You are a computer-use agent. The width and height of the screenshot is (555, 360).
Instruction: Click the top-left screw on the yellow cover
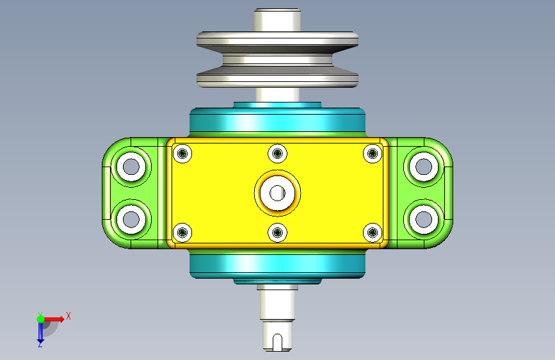(x=182, y=154)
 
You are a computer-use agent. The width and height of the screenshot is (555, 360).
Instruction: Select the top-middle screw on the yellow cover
(x=278, y=154)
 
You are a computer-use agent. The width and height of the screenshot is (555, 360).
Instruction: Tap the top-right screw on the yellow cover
(x=373, y=154)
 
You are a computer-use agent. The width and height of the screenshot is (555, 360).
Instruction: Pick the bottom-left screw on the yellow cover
(x=182, y=233)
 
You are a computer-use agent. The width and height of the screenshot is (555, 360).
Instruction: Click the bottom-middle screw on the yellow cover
(x=278, y=233)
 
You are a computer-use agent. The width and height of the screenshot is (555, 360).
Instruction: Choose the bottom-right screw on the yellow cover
(x=373, y=233)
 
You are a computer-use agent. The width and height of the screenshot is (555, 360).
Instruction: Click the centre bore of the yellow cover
(x=278, y=193)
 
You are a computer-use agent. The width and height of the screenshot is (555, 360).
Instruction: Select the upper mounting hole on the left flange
(x=131, y=167)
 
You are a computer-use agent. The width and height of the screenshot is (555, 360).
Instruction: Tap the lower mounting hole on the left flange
(x=131, y=219)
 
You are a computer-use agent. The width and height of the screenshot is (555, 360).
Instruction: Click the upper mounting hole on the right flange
(x=424, y=167)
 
